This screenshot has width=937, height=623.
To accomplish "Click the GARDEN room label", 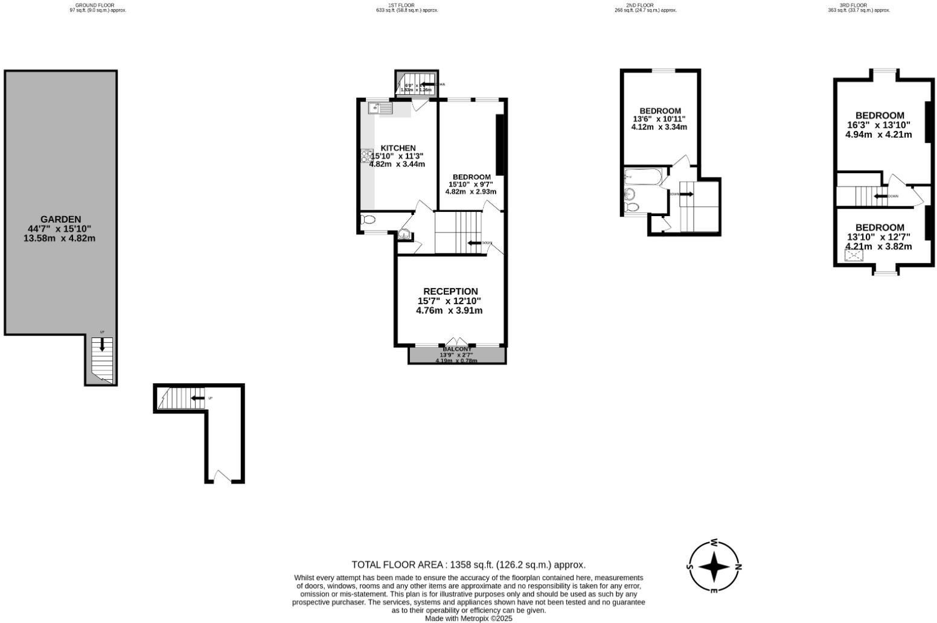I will pos(60,219).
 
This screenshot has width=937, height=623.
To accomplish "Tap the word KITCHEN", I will pos(398,148).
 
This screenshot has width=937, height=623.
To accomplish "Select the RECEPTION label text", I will pos(450,292).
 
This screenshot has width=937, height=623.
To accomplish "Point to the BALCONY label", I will pos(457,349).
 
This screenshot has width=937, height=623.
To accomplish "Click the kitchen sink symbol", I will pos(380,108).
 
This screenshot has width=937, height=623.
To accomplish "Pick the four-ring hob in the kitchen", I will pos(367,156).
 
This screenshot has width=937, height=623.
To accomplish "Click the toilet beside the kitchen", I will pos(368,220).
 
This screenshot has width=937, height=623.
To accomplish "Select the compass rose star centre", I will pos(715,567).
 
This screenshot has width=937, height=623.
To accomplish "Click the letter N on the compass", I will pos(738,567).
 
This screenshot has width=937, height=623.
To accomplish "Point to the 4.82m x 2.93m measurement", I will pos(470,191).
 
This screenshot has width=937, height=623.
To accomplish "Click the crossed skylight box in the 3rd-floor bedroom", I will pos(854,255).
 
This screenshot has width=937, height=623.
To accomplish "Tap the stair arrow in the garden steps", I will pos(102,345).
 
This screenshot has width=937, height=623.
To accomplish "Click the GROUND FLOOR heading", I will pos(94,5).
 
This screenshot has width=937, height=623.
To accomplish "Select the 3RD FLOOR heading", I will pos(853,5).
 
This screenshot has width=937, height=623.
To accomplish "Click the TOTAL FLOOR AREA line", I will pos(468,565).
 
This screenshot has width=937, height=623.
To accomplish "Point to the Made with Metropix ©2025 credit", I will pos(468,618).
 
